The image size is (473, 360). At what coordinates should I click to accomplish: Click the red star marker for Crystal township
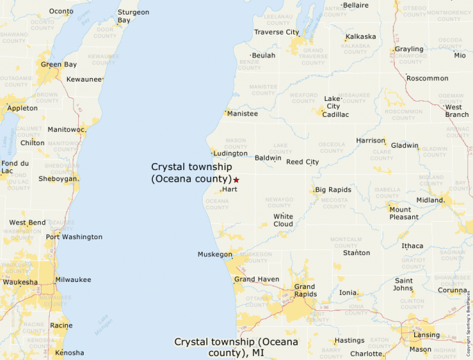click(x=236, y=180)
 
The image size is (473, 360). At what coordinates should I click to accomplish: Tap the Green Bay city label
click(x=58, y=65)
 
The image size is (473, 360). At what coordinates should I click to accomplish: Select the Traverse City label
click(x=277, y=32)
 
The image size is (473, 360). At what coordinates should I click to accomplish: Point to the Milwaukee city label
click(x=73, y=280)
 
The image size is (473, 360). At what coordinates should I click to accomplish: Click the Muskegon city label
click(x=215, y=254)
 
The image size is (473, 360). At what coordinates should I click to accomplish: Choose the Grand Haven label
click(x=256, y=279)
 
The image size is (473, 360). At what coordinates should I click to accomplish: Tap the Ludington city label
click(x=230, y=153)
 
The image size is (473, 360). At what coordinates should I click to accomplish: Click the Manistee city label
click(x=243, y=113)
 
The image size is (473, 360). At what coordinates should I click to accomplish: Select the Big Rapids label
click(x=333, y=190)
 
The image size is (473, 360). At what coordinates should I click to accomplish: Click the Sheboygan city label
click(x=58, y=178)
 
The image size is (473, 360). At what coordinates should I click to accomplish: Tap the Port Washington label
click(x=74, y=237)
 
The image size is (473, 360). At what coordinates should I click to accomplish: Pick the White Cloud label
click(x=283, y=220)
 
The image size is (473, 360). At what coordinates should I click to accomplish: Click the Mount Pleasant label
click(x=404, y=214)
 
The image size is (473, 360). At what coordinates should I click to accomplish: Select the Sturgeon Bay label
click(x=133, y=17)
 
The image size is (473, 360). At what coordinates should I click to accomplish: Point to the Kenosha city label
click(x=69, y=352)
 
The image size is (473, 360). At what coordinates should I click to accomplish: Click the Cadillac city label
click(x=335, y=115)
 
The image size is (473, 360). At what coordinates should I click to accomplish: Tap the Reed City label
click(x=303, y=162)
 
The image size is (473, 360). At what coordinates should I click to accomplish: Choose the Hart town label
click(x=230, y=189)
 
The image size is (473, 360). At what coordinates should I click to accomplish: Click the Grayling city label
click(x=409, y=49)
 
